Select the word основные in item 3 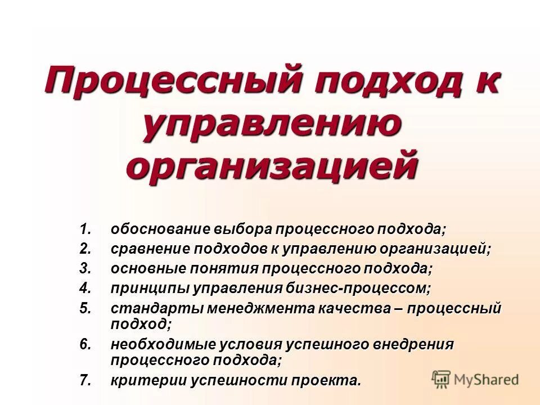[146, 269]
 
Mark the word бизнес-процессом [358, 289]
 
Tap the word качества [357, 309]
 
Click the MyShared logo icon [442, 380]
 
